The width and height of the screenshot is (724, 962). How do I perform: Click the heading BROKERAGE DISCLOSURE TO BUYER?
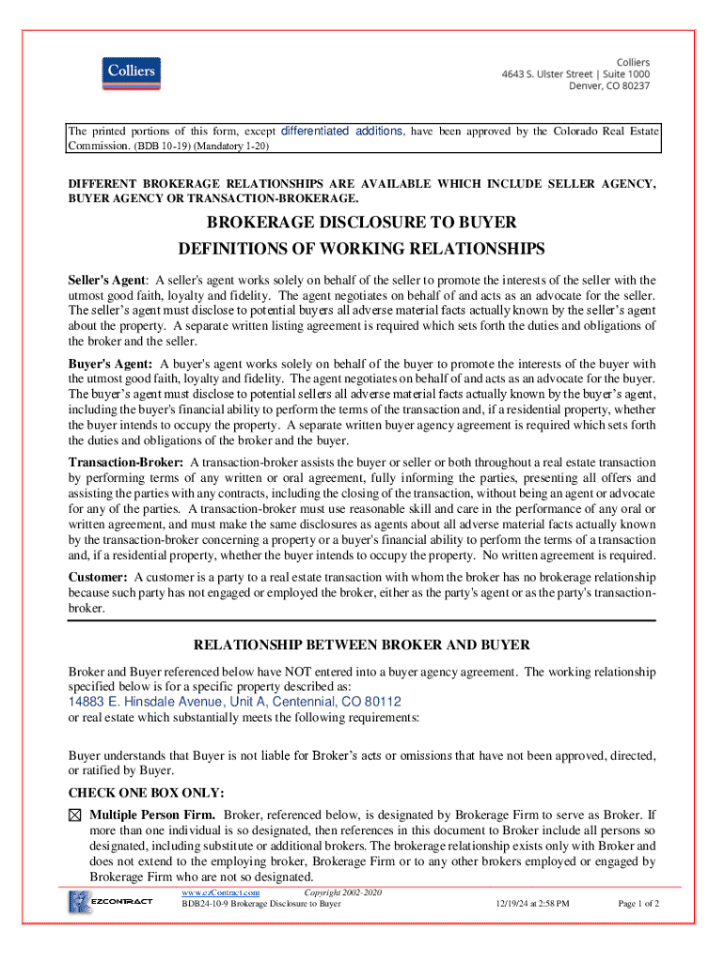[x=362, y=223]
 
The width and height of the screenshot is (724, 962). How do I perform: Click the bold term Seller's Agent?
[x=106, y=280]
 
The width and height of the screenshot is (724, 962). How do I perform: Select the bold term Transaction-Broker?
[x=127, y=461]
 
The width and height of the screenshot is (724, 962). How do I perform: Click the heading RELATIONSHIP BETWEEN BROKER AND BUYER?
[x=362, y=644]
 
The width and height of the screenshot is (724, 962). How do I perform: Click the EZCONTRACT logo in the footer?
[x=109, y=903]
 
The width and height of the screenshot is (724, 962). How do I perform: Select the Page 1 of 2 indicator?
[x=637, y=904]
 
